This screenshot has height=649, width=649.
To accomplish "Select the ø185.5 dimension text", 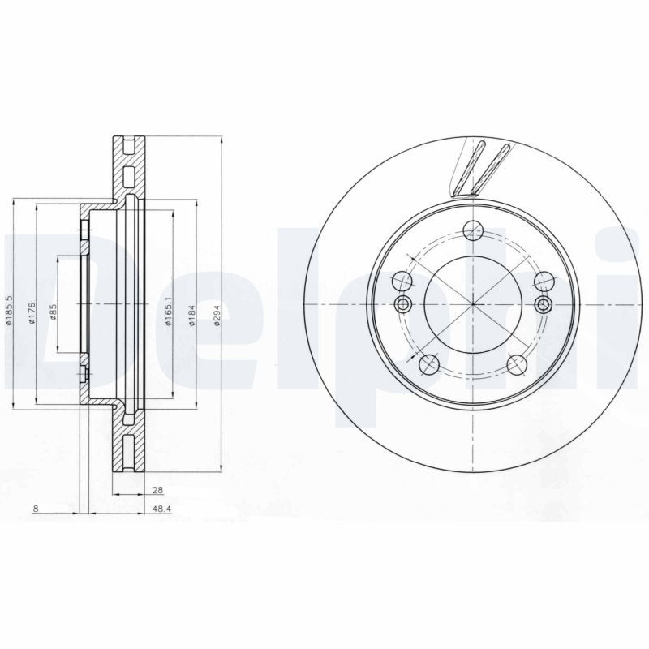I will (x=8, y=309).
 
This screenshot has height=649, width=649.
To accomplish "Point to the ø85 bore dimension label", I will (x=53, y=312).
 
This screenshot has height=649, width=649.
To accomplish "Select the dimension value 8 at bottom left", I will (x=36, y=509).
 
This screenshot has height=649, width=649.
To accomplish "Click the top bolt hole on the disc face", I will (x=471, y=230).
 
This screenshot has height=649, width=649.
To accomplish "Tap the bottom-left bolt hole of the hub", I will (x=430, y=364).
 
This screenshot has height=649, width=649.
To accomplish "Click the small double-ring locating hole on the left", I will (x=402, y=303).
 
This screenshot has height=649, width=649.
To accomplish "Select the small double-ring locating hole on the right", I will (x=544, y=303).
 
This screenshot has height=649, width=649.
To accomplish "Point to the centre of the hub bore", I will (x=472, y=303).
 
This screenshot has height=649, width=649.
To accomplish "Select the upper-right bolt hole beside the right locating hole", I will (x=542, y=282).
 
